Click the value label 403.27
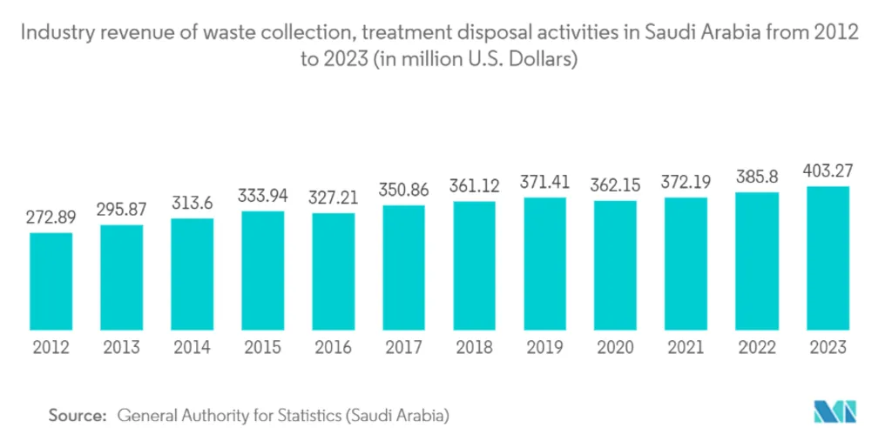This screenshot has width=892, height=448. pos(828,171)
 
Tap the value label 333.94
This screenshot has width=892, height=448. pos(263,196)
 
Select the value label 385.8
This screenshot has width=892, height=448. pos(757,177)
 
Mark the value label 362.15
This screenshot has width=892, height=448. pos(616,185)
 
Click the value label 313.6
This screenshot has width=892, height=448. pos(192,203)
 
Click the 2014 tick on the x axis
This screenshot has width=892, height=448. pos(192,348)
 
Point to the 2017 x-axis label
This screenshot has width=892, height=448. pos(404,348)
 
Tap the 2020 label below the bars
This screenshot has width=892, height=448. pos(616,348)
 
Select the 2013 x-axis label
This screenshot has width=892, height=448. pos(121,348)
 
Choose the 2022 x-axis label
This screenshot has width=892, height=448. pos(757,348)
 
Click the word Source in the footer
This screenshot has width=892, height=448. pos(77,416)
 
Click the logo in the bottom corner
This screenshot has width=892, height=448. pos(835,412)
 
